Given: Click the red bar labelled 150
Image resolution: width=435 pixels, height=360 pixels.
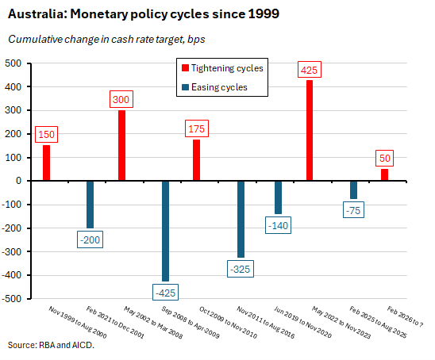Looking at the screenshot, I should [46, 163].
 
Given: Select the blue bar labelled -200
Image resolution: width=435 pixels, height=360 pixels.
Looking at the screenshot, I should [90, 204].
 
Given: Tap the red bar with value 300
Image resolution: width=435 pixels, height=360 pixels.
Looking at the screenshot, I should [121, 145].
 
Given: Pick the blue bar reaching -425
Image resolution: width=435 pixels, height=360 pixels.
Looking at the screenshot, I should [166, 231].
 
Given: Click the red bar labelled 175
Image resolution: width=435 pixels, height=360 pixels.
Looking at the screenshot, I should [197, 160].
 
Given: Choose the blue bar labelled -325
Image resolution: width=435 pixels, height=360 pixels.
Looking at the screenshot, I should [241, 219].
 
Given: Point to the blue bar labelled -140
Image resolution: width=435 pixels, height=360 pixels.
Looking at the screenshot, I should [279, 197].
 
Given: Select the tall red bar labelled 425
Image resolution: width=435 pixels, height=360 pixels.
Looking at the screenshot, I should [310, 130].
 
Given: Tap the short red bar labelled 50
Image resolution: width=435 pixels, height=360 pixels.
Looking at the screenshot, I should [384, 174].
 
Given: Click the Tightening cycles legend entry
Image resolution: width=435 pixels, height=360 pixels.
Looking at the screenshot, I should [226, 68].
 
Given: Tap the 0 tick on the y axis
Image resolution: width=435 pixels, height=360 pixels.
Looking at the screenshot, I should [20, 182].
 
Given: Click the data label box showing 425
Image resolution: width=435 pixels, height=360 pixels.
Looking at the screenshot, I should [310, 70].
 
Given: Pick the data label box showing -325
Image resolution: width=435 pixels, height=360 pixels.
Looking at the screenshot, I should [241, 270].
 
